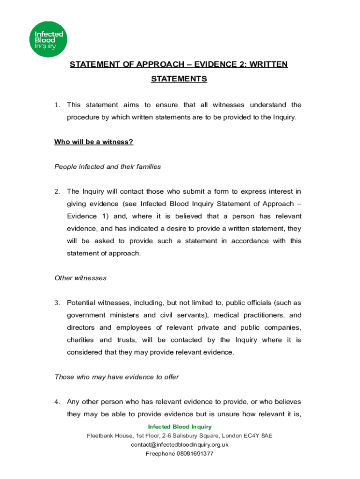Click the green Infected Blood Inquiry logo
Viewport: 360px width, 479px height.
click(x=49, y=39)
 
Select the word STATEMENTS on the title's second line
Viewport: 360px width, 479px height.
click(x=179, y=79)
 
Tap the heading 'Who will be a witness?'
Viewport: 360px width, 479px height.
click(x=94, y=142)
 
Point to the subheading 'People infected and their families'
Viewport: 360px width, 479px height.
click(x=108, y=167)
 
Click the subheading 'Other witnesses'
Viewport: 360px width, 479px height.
click(x=80, y=278)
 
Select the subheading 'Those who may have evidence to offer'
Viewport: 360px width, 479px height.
click(x=116, y=377)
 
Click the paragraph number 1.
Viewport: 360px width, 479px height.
click(x=57, y=105)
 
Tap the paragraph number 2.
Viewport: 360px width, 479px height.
click(x=57, y=191)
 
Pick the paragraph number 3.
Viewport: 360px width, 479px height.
click(x=57, y=303)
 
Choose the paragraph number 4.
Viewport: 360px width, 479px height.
click(x=57, y=402)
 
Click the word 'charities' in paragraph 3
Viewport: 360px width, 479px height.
click(x=80, y=340)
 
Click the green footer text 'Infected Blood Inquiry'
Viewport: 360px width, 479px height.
click(x=180, y=427)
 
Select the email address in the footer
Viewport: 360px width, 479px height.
click(x=180, y=444)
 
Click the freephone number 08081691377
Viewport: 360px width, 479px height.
click(x=194, y=454)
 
